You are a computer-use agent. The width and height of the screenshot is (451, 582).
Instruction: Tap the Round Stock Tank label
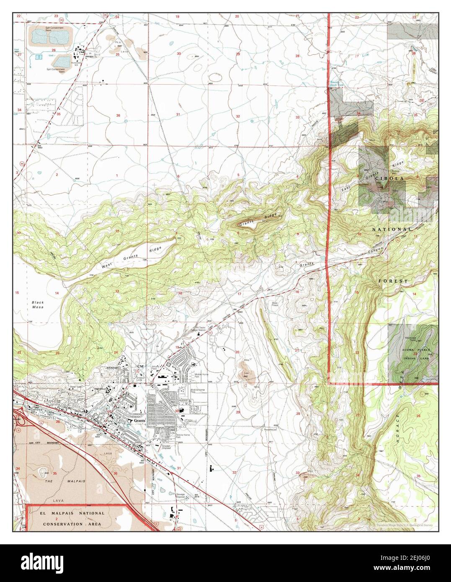tap(334, 84)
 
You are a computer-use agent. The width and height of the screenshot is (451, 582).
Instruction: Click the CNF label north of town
tap(140, 367)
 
